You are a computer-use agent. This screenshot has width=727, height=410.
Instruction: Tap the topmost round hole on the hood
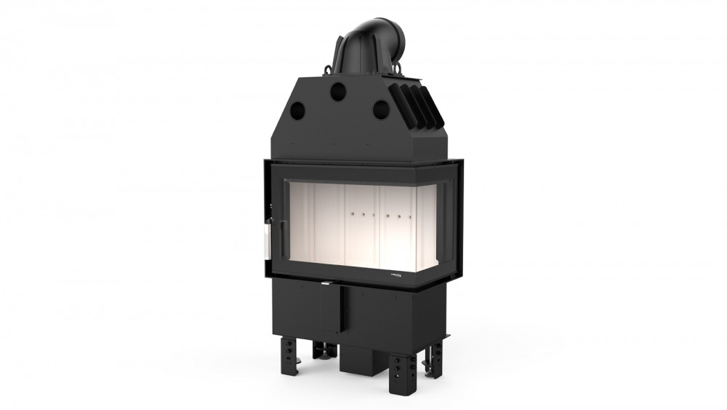(337, 91)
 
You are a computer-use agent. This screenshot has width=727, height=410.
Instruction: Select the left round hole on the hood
(297, 110)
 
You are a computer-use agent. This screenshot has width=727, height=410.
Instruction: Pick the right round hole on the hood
(380, 109)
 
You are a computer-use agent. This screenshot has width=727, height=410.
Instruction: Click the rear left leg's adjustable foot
(321, 352)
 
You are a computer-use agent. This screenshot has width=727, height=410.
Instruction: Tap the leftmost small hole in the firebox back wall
(352, 216)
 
